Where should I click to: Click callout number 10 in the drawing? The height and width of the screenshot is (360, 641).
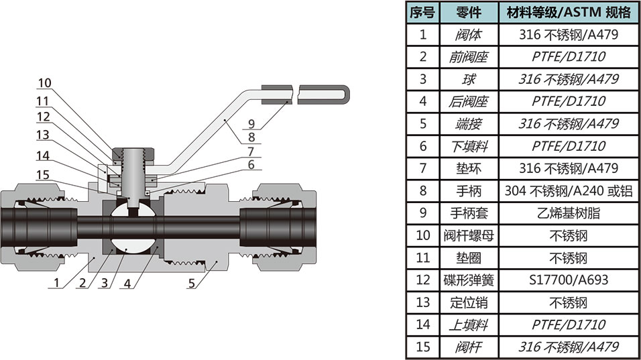pyautogui.click(x=44, y=83)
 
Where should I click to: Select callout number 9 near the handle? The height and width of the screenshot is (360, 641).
pyautogui.click(x=251, y=123)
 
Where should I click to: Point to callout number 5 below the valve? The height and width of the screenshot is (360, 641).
pyautogui.click(x=191, y=284)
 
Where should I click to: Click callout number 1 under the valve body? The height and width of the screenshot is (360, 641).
pyautogui.click(x=57, y=284)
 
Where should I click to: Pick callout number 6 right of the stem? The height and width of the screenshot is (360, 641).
pyautogui.click(x=251, y=164)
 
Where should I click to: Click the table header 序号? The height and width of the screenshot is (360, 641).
pyautogui.click(x=422, y=12)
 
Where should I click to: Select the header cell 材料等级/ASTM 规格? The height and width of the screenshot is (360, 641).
pyautogui.click(x=569, y=12)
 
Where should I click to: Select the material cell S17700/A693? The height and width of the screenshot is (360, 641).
pyautogui.click(x=569, y=280)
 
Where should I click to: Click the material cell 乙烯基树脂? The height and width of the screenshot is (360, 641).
pyautogui.click(x=569, y=213)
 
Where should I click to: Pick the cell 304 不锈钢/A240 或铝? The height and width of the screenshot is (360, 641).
pyautogui.click(x=569, y=191)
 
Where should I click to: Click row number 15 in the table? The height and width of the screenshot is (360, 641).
pyautogui.click(x=422, y=347)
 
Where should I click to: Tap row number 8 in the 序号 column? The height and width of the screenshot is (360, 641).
pyautogui.click(x=422, y=191)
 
